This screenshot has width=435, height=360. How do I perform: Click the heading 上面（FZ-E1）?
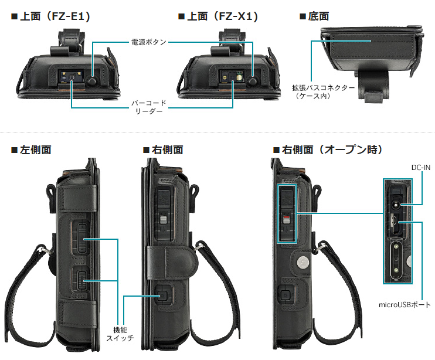(x=51, y=16)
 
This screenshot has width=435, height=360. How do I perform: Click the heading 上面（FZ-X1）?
(x=218, y=16)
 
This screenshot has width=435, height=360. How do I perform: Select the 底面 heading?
(x=315, y=16)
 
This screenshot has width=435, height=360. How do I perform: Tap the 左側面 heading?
(x=31, y=150)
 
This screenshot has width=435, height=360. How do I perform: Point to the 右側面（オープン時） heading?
(x=328, y=150)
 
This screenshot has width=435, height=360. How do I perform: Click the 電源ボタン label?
(x=149, y=42)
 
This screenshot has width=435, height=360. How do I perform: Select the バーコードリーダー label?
(x=149, y=107)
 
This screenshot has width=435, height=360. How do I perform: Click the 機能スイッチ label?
(x=120, y=334)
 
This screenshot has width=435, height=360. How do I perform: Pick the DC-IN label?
(x=421, y=168)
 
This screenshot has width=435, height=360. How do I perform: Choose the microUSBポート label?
(x=405, y=305)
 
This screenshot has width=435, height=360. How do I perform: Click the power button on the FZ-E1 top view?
(x=91, y=81)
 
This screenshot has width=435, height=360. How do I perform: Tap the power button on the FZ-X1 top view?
(x=252, y=81)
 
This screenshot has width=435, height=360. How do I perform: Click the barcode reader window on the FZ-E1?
(x=72, y=77)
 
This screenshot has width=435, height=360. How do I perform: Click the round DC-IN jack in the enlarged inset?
(x=395, y=205)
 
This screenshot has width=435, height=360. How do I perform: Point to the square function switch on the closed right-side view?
(x=162, y=296)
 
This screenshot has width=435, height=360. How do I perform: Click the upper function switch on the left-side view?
(x=83, y=238)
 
